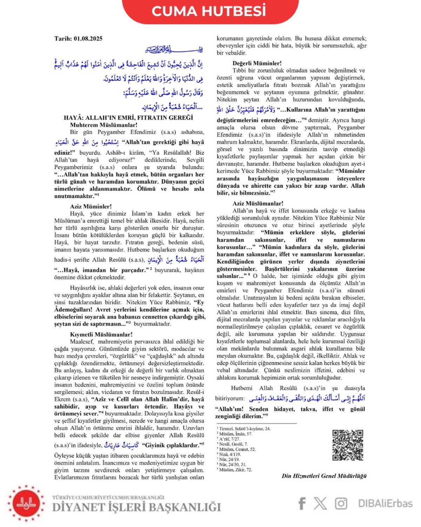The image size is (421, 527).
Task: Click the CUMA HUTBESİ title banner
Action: click(209, 11)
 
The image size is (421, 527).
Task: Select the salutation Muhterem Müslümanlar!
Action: click(103, 125)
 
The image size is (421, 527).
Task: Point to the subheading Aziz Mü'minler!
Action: click(91, 206)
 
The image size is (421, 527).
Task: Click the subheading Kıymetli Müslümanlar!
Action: click(101, 334)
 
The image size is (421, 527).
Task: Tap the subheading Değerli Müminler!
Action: click(257, 63)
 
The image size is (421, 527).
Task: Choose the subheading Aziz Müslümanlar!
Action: click(258, 203)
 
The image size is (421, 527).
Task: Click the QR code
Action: click(347, 445)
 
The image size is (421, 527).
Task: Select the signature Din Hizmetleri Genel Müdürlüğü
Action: click(324, 476)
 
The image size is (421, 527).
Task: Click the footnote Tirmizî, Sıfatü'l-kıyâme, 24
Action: click(245, 429)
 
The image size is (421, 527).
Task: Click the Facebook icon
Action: click(302, 503)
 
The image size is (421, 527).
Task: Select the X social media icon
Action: click(320, 503)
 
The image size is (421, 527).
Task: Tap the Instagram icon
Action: click(341, 503)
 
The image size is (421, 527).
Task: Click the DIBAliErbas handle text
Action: click(385, 503)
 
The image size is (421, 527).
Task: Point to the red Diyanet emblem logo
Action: click(26, 503)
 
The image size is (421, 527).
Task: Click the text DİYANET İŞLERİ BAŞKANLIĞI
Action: click(136, 507)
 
